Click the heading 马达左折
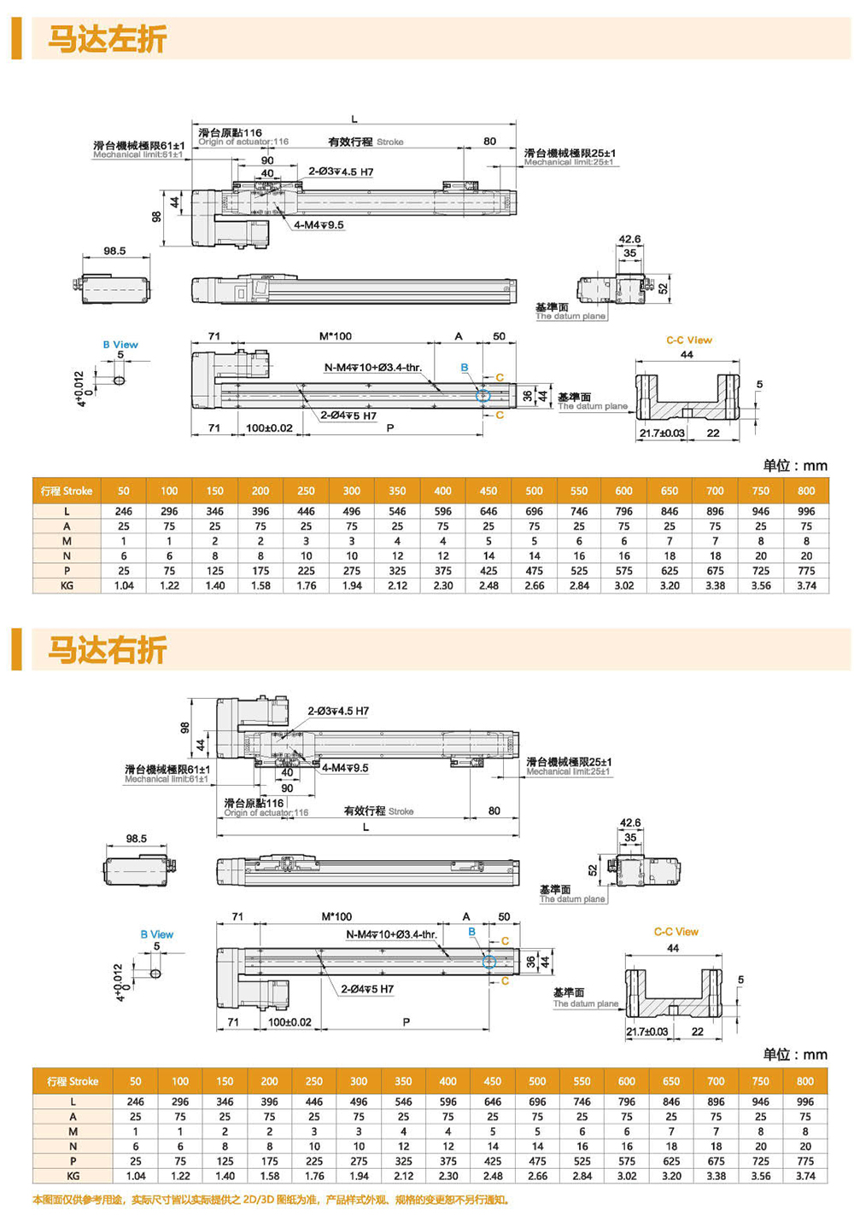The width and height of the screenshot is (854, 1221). click(x=107, y=39)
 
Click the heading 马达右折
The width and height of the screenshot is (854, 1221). click(x=107, y=650)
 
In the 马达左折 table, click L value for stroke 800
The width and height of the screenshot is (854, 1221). click(x=805, y=511)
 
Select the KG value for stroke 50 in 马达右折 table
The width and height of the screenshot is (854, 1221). click(x=135, y=1176)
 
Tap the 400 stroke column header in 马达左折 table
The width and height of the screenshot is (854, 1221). click(x=442, y=491)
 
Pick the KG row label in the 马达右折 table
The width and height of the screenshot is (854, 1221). click(x=73, y=1176)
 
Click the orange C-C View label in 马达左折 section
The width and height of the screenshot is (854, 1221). click(x=689, y=340)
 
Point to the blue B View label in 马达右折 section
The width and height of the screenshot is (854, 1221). click(x=156, y=934)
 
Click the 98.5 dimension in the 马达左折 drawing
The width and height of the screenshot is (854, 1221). click(x=114, y=251)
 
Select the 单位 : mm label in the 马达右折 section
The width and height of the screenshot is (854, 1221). click(x=795, y=1055)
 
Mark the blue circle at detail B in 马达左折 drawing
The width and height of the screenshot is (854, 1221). click(x=483, y=395)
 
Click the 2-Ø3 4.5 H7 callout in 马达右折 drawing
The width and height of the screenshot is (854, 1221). click(x=338, y=711)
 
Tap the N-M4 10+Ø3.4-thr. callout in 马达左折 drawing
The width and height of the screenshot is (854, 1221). click(x=372, y=368)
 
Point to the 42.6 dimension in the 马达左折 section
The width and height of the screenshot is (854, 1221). click(x=629, y=240)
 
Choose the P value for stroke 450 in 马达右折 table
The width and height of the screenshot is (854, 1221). click(x=493, y=1161)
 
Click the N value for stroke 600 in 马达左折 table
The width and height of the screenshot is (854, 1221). click(x=624, y=555)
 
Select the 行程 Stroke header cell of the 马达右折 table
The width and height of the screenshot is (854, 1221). click(x=73, y=1081)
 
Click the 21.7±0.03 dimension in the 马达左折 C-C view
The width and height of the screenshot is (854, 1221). click(x=662, y=433)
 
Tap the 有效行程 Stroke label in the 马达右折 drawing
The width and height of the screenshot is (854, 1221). click(x=378, y=811)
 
